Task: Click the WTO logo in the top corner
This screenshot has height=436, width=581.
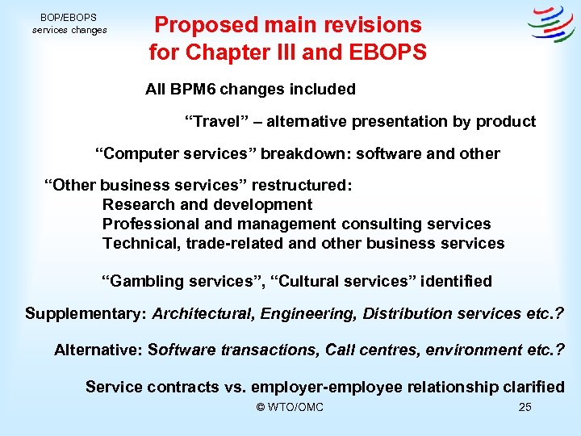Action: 551,24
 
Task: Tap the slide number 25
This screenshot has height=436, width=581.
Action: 525,407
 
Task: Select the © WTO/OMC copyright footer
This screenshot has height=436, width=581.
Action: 290,407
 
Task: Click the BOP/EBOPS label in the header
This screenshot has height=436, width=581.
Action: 69,17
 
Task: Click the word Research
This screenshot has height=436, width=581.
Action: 137,204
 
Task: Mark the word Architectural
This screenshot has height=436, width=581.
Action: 203,313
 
